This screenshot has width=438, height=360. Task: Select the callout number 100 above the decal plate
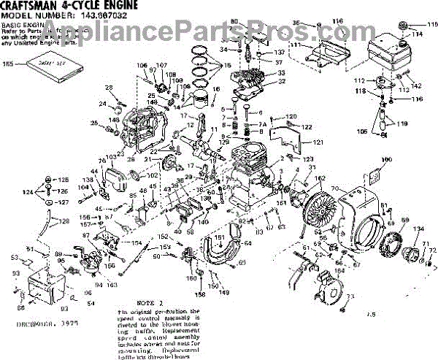(387, 159)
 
